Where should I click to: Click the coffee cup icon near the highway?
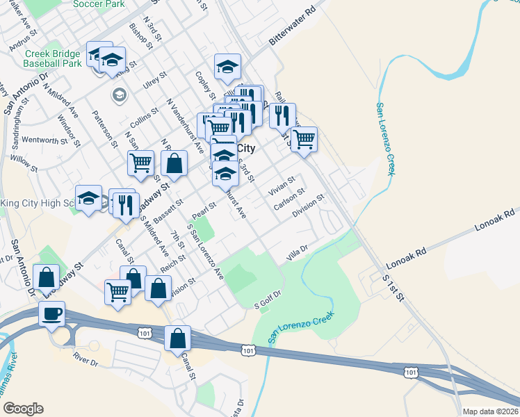tap(52, 314)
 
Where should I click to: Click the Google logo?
tap(22, 409)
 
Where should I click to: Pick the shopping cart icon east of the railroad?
tap(304, 140)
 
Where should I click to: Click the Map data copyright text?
tap(491, 411)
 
